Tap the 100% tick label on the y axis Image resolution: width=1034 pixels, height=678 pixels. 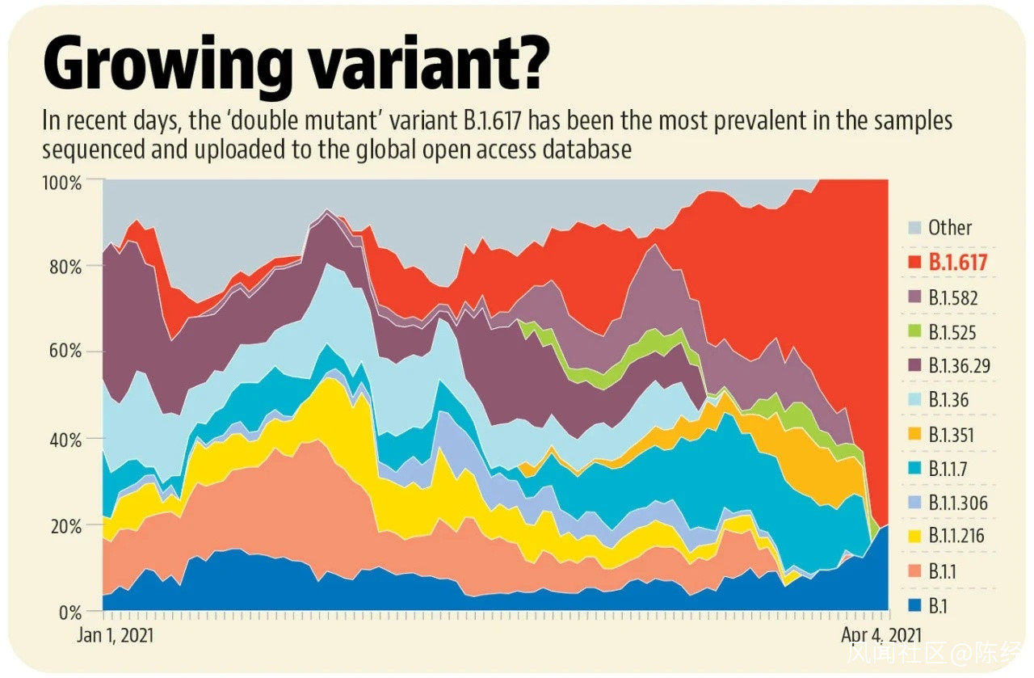click(x=61, y=182)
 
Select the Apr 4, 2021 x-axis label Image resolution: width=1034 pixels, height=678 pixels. click(x=881, y=635)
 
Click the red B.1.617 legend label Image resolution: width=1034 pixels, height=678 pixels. click(x=958, y=262)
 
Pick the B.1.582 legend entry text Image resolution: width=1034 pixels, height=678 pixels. click(x=952, y=297)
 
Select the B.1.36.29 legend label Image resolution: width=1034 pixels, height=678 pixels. click(x=959, y=366)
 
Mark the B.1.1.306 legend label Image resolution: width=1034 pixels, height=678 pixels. click(x=957, y=504)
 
